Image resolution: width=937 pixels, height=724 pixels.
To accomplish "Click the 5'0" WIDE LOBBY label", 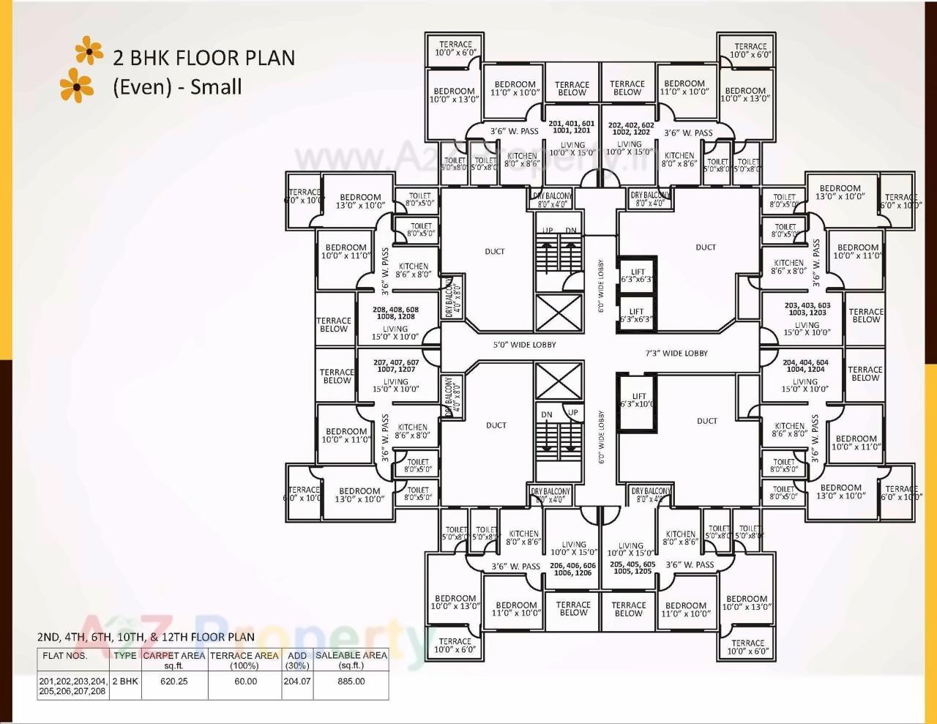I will [x=523, y=345].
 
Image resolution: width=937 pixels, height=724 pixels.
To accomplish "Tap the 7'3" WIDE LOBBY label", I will [x=676, y=354].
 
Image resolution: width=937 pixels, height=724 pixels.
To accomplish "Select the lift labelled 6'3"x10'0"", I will [x=638, y=400].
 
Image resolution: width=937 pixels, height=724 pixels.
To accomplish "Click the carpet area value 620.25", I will [x=174, y=682].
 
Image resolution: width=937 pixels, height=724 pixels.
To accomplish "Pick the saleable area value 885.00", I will [x=351, y=682].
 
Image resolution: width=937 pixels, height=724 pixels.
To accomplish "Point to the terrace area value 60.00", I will [x=245, y=682].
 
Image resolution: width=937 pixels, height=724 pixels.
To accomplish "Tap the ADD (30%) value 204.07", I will [x=297, y=682].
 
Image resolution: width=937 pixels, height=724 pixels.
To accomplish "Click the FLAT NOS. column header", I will [x=65, y=656].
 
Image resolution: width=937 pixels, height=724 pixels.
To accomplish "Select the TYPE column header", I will [x=125, y=656].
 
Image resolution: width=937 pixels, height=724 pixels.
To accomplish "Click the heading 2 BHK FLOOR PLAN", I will [x=204, y=58].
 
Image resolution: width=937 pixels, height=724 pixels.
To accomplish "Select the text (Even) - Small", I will [x=177, y=87].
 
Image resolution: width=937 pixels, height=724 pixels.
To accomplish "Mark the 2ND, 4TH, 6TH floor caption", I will [x=146, y=637].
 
